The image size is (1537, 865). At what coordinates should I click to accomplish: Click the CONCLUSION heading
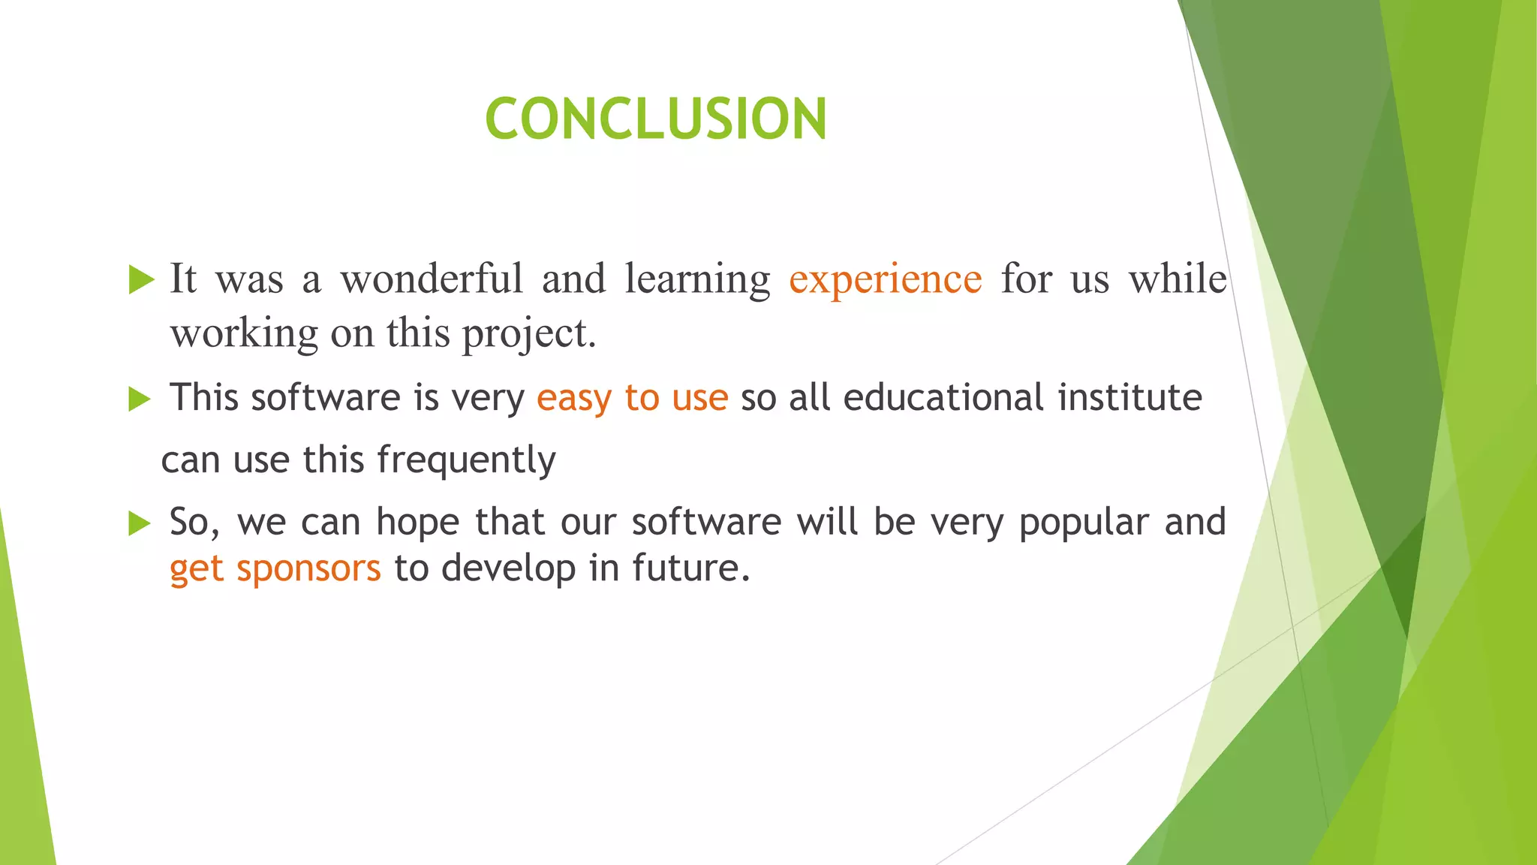[x=656, y=119]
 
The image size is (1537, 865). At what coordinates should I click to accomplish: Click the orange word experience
[x=885, y=280]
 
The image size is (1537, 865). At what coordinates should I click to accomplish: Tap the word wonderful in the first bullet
[x=432, y=279]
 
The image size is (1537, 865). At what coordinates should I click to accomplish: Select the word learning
[x=697, y=280]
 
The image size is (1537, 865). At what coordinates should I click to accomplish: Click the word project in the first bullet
[x=525, y=333]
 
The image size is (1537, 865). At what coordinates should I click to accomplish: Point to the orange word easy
[x=574, y=398]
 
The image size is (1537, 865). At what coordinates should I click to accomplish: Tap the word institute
[x=1129, y=397]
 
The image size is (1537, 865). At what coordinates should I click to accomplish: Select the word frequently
[x=466, y=460]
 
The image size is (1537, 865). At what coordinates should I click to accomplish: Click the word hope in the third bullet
[x=417, y=523]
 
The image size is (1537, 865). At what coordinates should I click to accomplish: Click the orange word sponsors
[x=308, y=568]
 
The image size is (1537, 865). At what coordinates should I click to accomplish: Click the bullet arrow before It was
[x=140, y=279]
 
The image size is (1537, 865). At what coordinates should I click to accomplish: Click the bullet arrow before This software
[x=140, y=399]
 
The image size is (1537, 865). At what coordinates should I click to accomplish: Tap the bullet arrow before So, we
[x=140, y=523]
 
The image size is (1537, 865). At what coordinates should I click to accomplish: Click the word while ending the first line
[x=1178, y=279]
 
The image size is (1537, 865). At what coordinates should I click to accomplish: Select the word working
[x=244, y=333]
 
